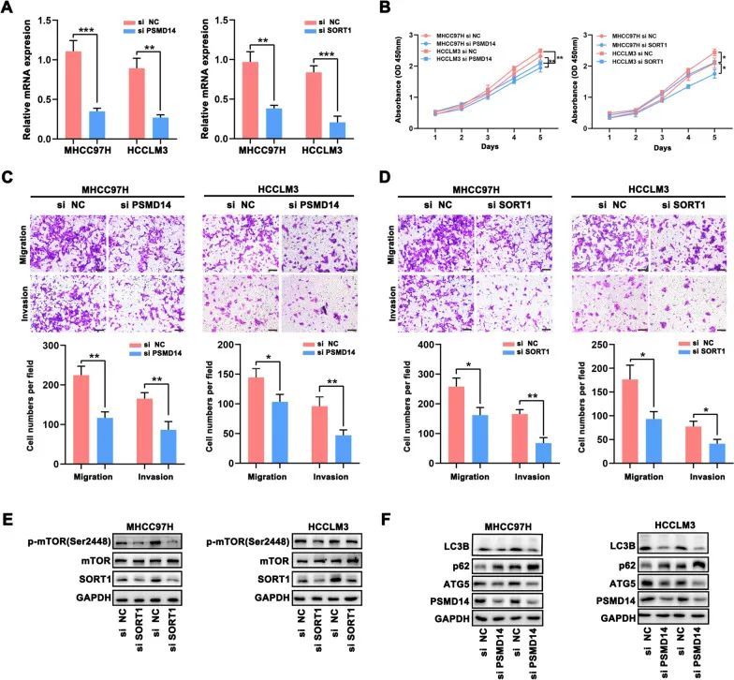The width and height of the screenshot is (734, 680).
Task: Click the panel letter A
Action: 8,10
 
